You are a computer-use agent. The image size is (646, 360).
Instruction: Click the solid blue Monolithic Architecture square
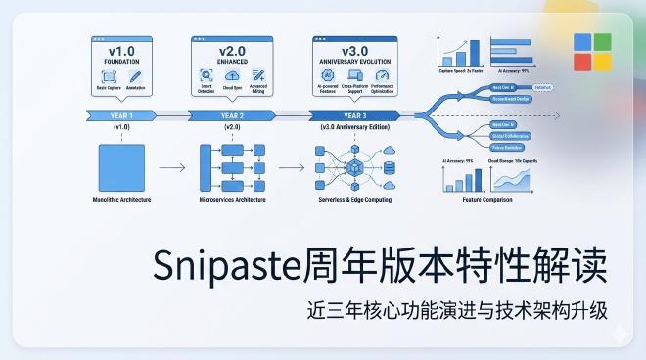coord(121,166)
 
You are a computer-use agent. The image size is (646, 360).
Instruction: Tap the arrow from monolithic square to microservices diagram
coord(171,167)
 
